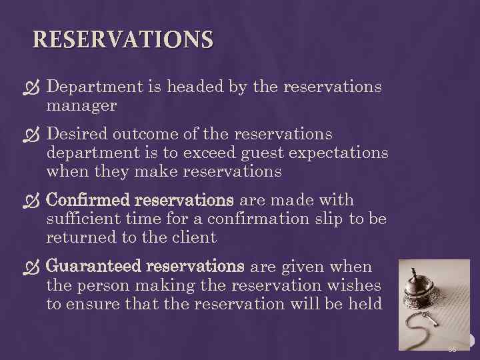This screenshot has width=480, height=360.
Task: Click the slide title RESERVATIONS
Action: click(x=123, y=39)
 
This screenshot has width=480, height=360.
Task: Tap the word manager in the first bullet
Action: click(x=81, y=105)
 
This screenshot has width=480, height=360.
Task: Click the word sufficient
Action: click(x=85, y=219)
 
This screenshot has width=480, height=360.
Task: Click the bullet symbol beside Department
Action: click(x=36, y=87)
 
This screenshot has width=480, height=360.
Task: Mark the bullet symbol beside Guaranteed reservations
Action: click(x=36, y=267)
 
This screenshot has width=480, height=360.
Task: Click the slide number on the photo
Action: click(x=453, y=349)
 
